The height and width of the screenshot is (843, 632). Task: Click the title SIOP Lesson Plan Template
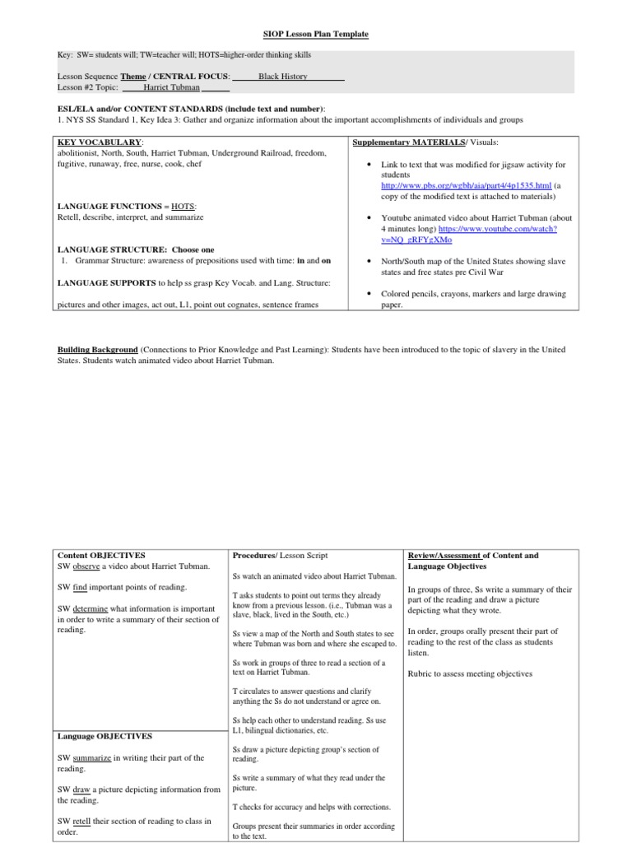click(316, 34)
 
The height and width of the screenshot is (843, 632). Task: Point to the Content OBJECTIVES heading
click(101, 556)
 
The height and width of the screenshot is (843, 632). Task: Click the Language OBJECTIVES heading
click(105, 735)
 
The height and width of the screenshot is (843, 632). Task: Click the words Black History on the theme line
click(282, 76)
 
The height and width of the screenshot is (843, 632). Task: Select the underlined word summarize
click(91, 757)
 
